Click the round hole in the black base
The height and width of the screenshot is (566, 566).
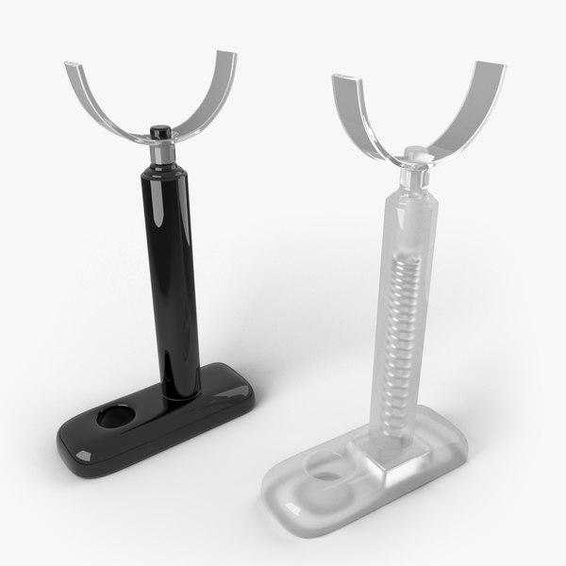[120, 416]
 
